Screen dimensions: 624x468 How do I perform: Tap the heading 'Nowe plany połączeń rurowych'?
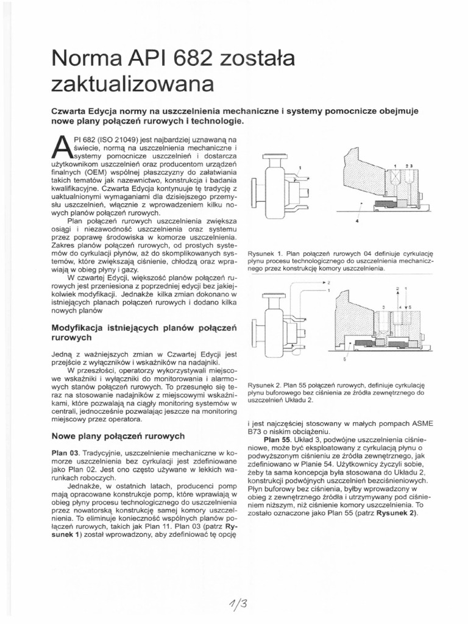coord(118,436)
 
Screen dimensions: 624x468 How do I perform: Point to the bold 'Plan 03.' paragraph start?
coord(65,454)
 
